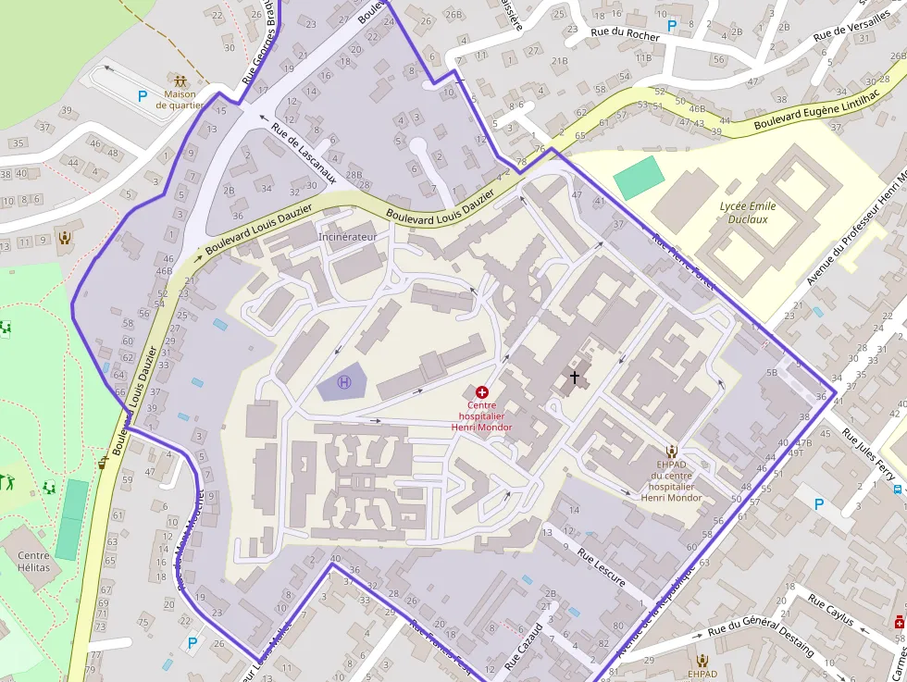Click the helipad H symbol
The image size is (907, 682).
pyautogui.click(x=344, y=381)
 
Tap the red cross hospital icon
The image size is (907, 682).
pyautogui.click(x=481, y=392)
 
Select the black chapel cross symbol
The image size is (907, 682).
pyautogui.click(x=575, y=377)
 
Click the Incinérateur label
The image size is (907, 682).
pyautogui.click(x=348, y=237)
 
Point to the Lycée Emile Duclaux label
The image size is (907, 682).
pyautogui.click(x=748, y=213)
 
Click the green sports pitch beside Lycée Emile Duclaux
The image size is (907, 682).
pyautogui.click(x=640, y=178)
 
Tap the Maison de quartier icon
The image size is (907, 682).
pyautogui.click(x=180, y=80)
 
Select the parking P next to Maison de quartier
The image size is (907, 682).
pyautogui.click(x=143, y=95)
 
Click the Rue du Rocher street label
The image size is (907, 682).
pyautogui.click(x=626, y=36)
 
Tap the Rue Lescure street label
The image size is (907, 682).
pyautogui.click(x=602, y=567)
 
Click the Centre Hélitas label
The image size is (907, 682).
pyautogui.click(x=33, y=561)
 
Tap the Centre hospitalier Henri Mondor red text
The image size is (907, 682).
pyautogui.click(x=481, y=415)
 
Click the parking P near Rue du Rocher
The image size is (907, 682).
pyautogui.click(x=672, y=26)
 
